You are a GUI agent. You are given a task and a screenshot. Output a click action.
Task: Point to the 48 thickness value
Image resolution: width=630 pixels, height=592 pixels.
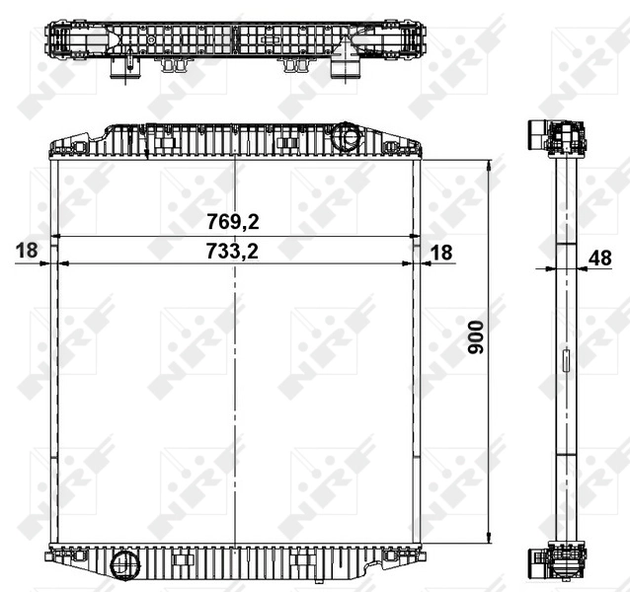point(599,258)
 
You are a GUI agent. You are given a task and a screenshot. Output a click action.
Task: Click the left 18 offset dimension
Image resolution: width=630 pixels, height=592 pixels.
point(27,252)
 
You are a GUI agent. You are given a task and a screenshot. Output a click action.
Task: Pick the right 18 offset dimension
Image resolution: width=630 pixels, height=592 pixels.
point(440,253)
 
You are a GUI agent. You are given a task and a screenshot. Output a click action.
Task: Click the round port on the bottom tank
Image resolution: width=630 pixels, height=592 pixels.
point(125,565)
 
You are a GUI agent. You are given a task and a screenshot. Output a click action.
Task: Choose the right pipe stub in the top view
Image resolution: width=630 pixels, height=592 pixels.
point(346,71)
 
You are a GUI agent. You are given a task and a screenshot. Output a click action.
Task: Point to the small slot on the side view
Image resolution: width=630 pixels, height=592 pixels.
point(565,361)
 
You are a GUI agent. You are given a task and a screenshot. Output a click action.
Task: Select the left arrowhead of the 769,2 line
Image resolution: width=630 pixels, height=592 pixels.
point(54,237)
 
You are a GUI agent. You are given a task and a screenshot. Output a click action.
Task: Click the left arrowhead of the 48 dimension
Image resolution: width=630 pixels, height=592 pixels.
point(550,267)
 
